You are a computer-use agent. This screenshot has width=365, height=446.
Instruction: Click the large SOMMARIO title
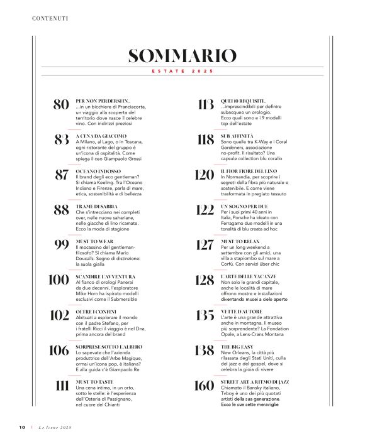tap(182, 56)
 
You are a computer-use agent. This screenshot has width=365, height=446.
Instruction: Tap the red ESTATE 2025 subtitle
tap(182, 72)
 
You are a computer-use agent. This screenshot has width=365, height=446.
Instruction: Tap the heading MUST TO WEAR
tap(94, 241)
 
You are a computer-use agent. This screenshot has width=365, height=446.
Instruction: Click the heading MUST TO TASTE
tap(94, 381)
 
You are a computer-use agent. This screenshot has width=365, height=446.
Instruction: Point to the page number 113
tap(205, 104)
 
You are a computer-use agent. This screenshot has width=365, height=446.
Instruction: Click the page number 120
tap(205, 175)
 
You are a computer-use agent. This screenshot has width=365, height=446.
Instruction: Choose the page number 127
tap(205, 245)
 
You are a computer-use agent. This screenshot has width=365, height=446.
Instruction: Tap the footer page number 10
tap(21, 428)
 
